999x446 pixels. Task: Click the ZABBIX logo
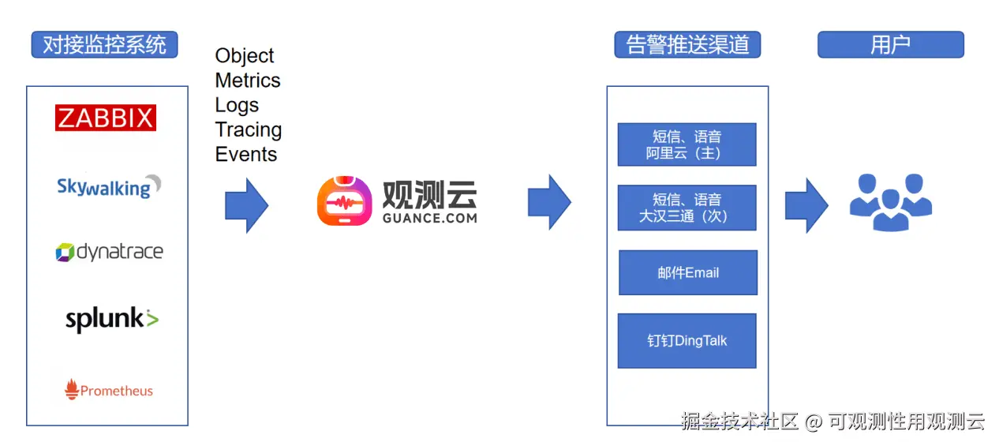tap(106, 118)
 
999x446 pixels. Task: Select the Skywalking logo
tap(108, 186)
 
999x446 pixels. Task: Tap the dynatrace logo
tap(109, 252)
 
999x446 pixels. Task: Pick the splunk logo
tap(111, 319)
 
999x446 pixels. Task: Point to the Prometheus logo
tap(109, 390)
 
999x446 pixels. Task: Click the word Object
tap(245, 56)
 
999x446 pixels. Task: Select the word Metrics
tap(248, 81)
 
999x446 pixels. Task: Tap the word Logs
tap(237, 105)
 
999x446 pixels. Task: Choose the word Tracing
tap(249, 129)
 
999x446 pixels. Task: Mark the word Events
tap(246, 154)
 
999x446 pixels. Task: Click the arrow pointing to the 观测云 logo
tap(246, 206)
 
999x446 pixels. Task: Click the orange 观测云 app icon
tap(344, 202)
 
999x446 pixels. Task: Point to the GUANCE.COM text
tap(430, 217)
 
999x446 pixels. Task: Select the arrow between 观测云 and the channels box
tap(549, 203)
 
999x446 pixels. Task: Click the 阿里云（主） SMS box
tap(687, 144)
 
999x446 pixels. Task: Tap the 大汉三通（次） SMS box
tap(687, 207)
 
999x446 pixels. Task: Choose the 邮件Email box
tap(688, 272)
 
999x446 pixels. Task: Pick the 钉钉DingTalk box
tap(687, 341)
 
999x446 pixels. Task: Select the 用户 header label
tap(890, 45)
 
